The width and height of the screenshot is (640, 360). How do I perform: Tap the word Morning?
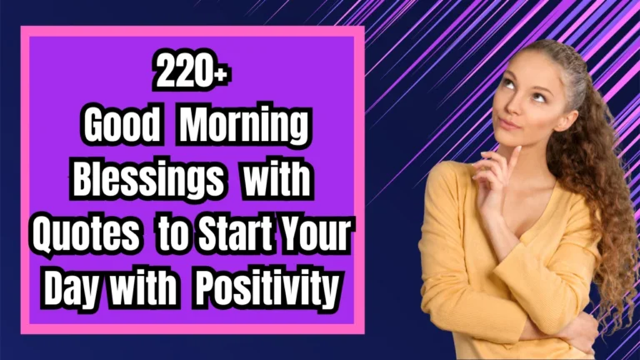[245, 127]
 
